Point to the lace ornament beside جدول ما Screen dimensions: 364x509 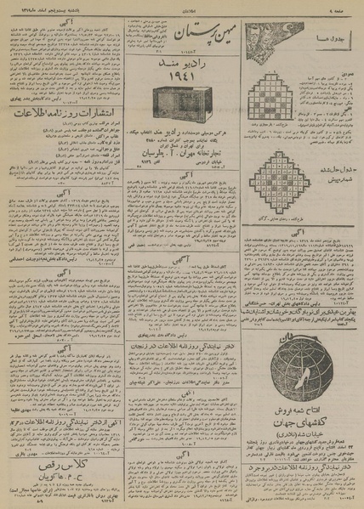coord(273,39)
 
